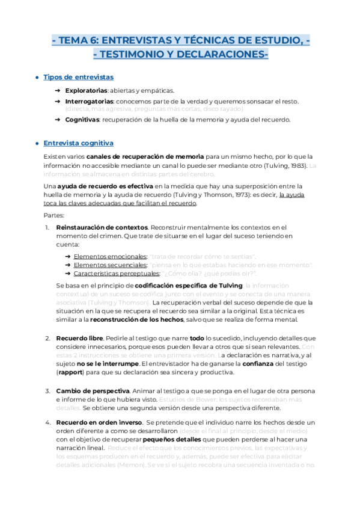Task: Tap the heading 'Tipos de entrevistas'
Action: click(x=79, y=78)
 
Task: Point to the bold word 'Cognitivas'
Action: click(x=83, y=119)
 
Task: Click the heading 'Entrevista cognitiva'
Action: click(x=79, y=143)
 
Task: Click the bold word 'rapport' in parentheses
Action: click(x=71, y=372)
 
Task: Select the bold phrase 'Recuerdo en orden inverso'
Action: click(x=99, y=423)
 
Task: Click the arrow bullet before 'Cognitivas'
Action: click(x=58, y=119)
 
